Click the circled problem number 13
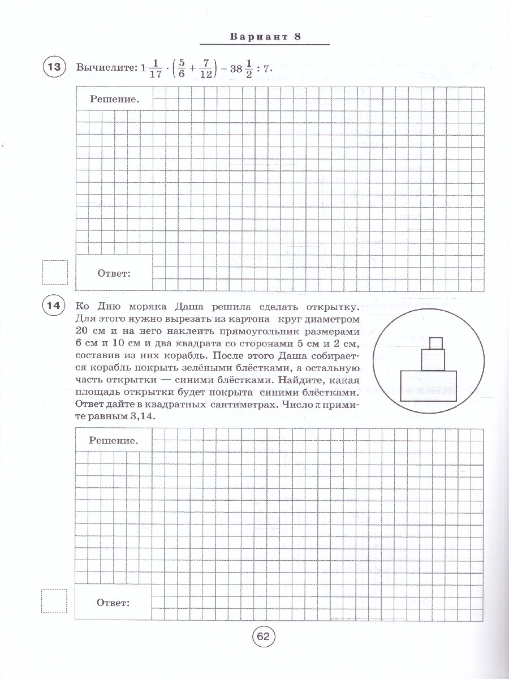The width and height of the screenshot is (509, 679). (x=54, y=67)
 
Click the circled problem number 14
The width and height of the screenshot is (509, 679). (x=54, y=306)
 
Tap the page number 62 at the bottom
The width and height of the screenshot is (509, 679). (x=264, y=636)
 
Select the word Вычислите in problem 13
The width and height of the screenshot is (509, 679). (x=105, y=67)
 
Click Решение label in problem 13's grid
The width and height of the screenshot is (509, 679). (x=114, y=99)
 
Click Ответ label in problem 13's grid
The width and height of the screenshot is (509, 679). (x=114, y=273)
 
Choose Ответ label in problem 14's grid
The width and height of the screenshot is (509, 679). (x=114, y=602)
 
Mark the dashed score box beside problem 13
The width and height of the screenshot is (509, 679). (x=55, y=272)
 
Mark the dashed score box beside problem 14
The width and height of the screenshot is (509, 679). (x=55, y=601)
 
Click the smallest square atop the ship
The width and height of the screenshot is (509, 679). (x=435, y=343)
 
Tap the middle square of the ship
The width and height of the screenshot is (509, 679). (x=434, y=359)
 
